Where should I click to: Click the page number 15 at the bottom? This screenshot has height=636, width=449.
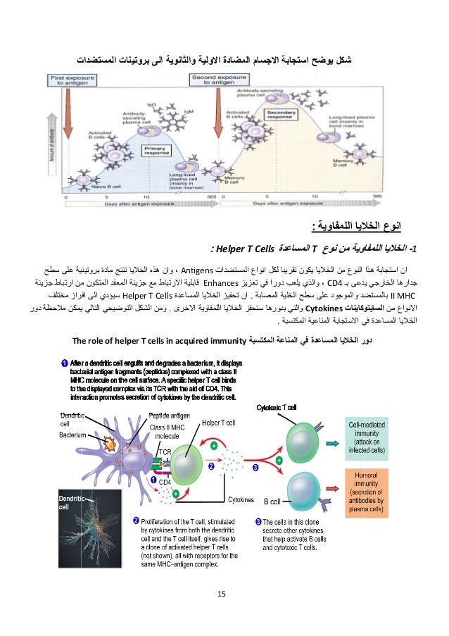point(222,596)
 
